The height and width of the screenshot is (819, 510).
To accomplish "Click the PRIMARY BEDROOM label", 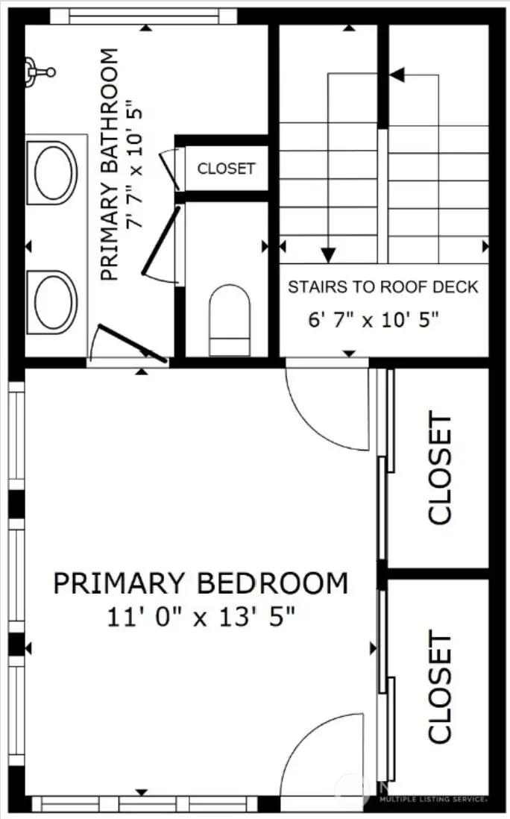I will coord(200,583).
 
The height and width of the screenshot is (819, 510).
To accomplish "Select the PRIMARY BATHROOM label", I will coord(109,164).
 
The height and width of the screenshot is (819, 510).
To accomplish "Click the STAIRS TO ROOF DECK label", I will coord(382,287).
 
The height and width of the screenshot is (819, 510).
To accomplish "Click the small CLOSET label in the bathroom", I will coord(226,169).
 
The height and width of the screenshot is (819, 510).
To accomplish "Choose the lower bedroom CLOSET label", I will coord(440,688).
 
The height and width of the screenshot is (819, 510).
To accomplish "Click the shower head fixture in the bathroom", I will coord(37,72).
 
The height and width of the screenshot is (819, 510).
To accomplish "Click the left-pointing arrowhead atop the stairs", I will coord(397,75).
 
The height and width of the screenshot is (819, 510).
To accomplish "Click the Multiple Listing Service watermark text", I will coord(432,798).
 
